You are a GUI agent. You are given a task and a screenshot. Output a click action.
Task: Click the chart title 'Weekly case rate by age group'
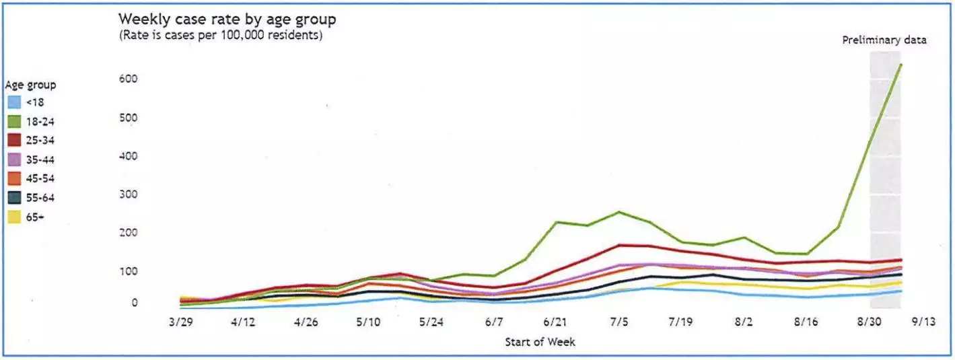click(x=227, y=20)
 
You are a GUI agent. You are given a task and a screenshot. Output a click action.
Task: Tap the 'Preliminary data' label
click(x=884, y=40)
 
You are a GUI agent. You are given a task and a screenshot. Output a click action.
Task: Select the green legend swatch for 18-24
click(x=14, y=122)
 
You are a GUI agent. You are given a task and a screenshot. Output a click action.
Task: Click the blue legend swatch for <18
click(x=14, y=102)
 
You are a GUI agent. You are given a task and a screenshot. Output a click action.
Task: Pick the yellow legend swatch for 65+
click(x=14, y=217)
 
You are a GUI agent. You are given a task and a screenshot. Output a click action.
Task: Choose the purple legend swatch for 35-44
click(x=14, y=159)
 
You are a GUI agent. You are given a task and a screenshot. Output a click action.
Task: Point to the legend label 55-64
click(x=40, y=198)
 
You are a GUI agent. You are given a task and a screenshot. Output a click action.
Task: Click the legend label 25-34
click(x=40, y=140)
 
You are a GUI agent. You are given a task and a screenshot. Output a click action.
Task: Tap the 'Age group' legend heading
click(x=30, y=85)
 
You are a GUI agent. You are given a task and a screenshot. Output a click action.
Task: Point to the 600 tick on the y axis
click(x=129, y=79)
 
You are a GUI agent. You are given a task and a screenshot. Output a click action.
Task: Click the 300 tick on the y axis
click(x=129, y=194)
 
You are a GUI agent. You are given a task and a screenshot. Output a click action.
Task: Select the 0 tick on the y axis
click(x=135, y=303)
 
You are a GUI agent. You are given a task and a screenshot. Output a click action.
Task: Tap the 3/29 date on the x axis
click(x=181, y=322)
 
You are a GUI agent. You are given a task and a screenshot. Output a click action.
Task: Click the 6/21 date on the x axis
click(x=555, y=322)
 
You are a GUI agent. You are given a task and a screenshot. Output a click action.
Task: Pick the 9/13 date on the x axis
click(x=923, y=322)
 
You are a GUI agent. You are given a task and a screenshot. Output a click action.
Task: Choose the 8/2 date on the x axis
click(x=744, y=322)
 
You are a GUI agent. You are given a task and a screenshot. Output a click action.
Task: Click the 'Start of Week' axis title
click(x=540, y=342)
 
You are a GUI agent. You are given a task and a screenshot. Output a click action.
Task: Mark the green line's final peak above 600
click(x=900, y=65)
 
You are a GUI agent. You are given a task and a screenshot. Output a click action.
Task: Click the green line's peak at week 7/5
click(x=618, y=212)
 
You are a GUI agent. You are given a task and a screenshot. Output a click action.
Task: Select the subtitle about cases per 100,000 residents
click(x=221, y=35)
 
